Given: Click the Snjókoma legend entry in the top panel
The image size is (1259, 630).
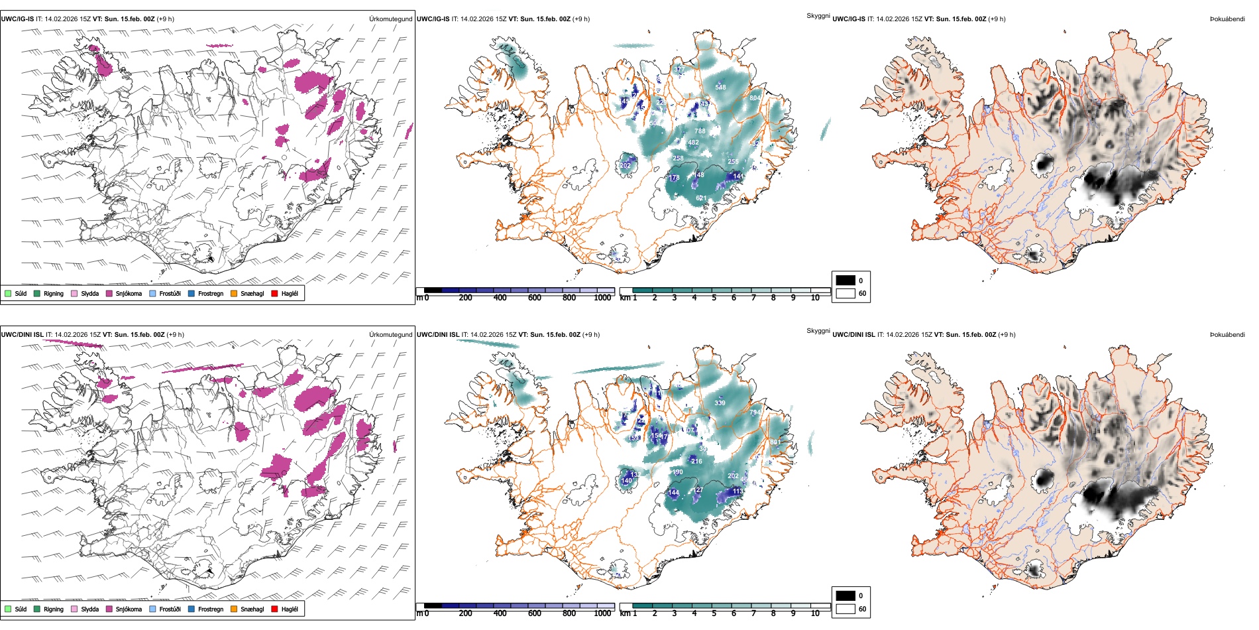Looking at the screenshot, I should pyautogui.click(x=129, y=294).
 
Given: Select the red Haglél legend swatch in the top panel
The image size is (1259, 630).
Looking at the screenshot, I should pyautogui.click(x=274, y=294).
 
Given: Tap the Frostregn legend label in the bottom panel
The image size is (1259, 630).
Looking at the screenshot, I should pyautogui.click(x=210, y=609).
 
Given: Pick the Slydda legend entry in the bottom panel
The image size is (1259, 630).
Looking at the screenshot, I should pyautogui.click(x=89, y=609).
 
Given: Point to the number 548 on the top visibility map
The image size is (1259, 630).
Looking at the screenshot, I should pyautogui.click(x=720, y=88).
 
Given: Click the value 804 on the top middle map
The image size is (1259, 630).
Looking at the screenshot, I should pyautogui.click(x=755, y=98).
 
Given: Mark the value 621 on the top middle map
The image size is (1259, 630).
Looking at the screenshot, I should pyautogui.click(x=701, y=198).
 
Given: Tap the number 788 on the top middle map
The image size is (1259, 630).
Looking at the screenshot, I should pyautogui.click(x=700, y=131).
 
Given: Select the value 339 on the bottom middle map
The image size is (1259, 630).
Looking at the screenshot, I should pyautogui.click(x=720, y=403).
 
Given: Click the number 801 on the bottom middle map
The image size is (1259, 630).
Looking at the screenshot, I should pyautogui.click(x=775, y=442).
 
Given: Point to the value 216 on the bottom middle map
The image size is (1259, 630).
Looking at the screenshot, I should pyautogui.click(x=696, y=461).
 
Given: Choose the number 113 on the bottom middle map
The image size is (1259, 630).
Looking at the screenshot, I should pyautogui.click(x=738, y=491).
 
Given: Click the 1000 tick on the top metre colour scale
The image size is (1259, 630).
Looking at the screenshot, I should pyautogui.click(x=602, y=298).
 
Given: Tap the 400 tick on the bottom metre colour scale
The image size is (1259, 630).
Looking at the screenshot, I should pyautogui.click(x=500, y=613).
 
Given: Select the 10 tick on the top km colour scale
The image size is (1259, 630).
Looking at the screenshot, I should pyautogui.click(x=815, y=298).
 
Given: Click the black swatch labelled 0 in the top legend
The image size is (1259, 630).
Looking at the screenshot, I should pyautogui.click(x=846, y=281).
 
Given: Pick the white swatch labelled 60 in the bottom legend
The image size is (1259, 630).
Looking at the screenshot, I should pyautogui.click(x=846, y=609).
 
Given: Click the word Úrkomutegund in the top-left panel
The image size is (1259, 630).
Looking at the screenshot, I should pyautogui.click(x=390, y=19).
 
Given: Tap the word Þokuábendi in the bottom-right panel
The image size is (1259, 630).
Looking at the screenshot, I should pyautogui.click(x=1227, y=335).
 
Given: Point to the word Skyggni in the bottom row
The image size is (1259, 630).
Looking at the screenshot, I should pyautogui.click(x=818, y=331).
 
